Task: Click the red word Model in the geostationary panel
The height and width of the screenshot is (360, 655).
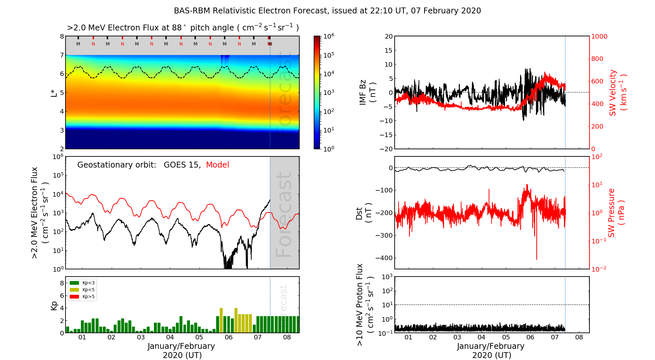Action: tap(217, 165)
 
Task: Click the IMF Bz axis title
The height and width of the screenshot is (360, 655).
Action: tap(367, 93)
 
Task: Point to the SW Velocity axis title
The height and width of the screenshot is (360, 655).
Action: tap(618, 92)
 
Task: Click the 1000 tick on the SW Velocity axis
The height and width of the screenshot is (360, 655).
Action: tap(599, 36)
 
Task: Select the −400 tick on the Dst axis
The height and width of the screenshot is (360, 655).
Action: tap(384, 258)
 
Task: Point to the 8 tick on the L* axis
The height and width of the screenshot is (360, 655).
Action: tap(62, 36)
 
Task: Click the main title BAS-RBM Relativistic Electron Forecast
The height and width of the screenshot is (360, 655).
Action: tap(327, 11)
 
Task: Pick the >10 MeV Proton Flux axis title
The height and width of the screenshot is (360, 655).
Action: tap(365, 305)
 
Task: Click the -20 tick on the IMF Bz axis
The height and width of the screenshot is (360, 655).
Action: tap(386, 149)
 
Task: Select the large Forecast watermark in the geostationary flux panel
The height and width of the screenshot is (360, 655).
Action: tap(284, 214)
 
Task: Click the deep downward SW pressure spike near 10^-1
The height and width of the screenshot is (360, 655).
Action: tap(536, 252)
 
